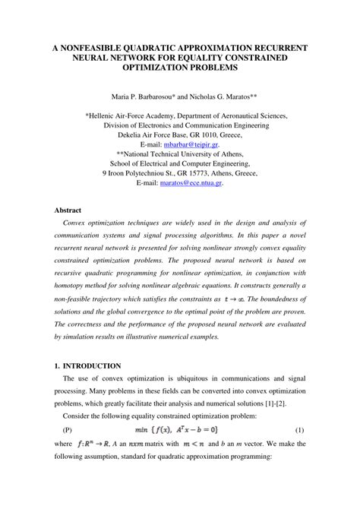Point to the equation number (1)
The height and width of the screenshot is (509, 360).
coord(299,429)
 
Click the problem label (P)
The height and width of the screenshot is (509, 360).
coord(67,429)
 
